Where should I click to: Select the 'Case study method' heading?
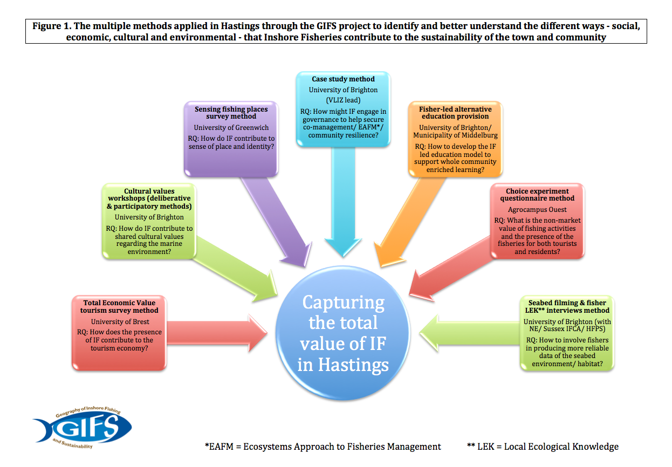click(x=343, y=79)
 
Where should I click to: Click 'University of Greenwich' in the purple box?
click(x=231, y=128)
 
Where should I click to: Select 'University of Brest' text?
click(x=119, y=321)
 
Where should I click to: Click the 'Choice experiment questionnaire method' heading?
click(x=537, y=195)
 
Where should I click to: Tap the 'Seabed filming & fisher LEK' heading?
click(x=567, y=306)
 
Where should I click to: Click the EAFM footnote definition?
click(x=323, y=447)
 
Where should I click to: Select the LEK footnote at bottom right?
click(x=543, y=447)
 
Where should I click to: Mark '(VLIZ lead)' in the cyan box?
click(x=343, y=100)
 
